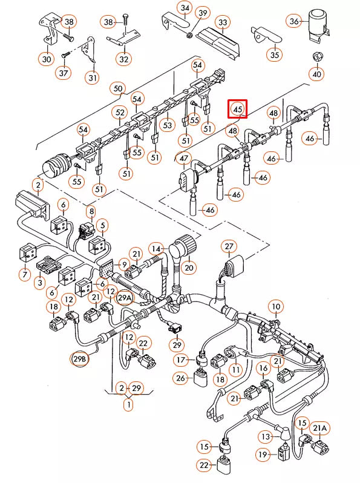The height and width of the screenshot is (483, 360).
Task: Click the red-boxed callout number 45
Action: [x=238, y=109]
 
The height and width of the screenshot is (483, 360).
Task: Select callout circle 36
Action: [x=295, y=22]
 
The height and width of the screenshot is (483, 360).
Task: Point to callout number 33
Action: [x=223, y=23]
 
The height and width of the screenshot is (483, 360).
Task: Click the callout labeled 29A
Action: [x=124, y=298]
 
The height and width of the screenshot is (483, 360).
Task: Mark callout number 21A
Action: [x=321, y=429]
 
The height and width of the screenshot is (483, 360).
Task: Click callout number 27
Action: [x=229, y=246]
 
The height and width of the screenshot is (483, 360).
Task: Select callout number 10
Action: [x=276, y=306]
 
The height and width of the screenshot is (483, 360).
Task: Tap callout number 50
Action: [x=118, y=89]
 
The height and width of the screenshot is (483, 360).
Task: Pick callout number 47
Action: [x=183, y=160]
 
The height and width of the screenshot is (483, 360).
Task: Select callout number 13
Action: [x=265, y=436]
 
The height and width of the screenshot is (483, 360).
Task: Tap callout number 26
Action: [x=180, y=378]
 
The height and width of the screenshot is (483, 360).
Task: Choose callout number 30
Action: [x=47, y=59]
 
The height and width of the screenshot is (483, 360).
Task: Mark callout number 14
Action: [x=157, y=249]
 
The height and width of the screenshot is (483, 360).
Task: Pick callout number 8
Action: [x=91, y=212]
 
